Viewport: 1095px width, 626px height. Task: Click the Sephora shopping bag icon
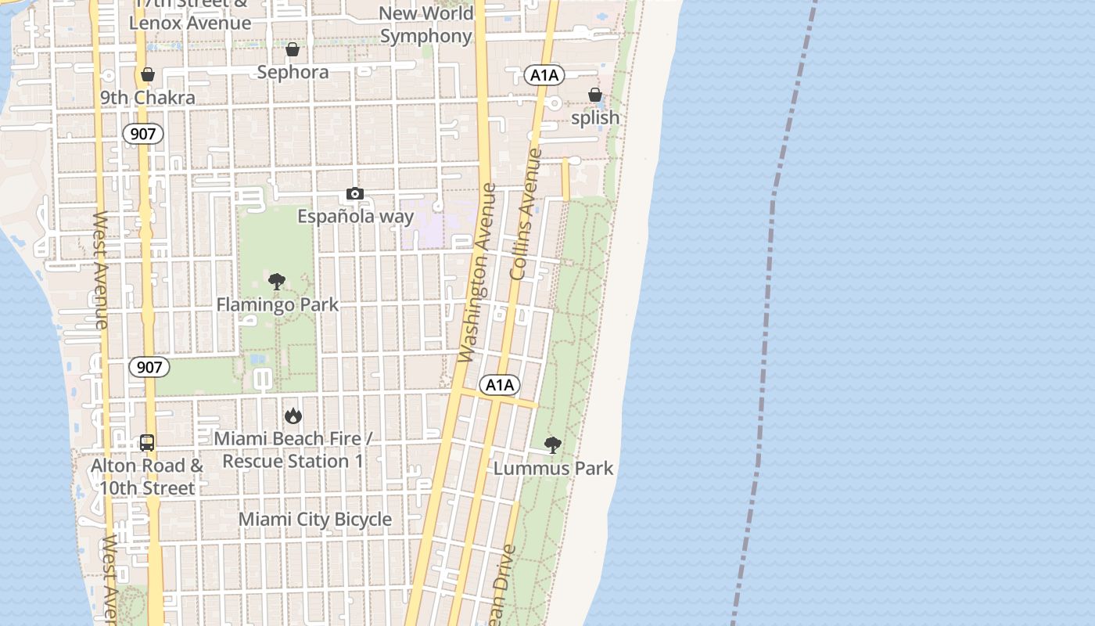(x=293, y=50)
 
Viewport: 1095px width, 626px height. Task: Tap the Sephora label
(x=293, y=72)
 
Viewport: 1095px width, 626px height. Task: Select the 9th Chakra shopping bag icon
(x=148, y=75)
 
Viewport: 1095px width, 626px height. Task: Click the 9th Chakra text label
(x=148, y=98)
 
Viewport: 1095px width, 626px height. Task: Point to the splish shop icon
(x=595, y=95)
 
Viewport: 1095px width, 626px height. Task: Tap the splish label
(x=595, y=118)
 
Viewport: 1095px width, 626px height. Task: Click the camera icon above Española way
(x=354, y=194)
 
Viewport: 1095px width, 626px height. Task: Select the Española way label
(x=356, y=217)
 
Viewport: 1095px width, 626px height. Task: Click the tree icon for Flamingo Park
(x=277, y=282)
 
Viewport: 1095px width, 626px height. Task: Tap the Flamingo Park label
(x=278, y=304)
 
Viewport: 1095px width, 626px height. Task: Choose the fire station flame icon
(x=293, y=416)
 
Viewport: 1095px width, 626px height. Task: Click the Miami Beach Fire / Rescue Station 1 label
(x=293, y=450)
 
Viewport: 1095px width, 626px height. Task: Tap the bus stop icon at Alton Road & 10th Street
(x=147, y=443)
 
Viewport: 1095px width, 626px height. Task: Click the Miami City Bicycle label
(x=315, y=520)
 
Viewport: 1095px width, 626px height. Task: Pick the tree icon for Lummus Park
(x=553, y=446)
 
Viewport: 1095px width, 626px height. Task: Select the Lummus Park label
(x=554, y=469)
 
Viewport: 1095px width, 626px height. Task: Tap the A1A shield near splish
(x=544, y=75)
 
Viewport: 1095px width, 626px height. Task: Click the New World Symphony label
(x=426, y=24)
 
